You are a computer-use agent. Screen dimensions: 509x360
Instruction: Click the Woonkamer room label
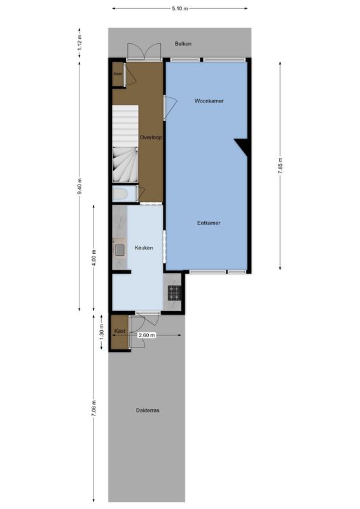[209, 101]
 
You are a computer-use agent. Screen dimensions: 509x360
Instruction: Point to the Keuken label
[143, 248]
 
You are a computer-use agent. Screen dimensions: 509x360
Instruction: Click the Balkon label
[183, 44]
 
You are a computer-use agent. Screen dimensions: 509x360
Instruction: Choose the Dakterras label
[148, 410]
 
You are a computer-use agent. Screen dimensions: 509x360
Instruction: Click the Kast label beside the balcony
[118, 74]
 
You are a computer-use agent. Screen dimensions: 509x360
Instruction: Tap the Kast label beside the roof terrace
[120, 331]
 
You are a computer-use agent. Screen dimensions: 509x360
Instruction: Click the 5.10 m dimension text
[180, 8]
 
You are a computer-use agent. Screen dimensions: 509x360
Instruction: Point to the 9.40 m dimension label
[80, 186]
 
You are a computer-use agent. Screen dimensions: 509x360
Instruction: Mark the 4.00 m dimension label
[94, 256]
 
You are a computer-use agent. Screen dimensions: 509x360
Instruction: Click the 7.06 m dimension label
[94, 407]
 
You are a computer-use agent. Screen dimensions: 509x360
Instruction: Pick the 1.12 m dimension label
[80, 42]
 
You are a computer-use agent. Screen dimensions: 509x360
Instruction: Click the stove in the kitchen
[174, 293]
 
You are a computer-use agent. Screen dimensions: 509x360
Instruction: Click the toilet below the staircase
[120, 193]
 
